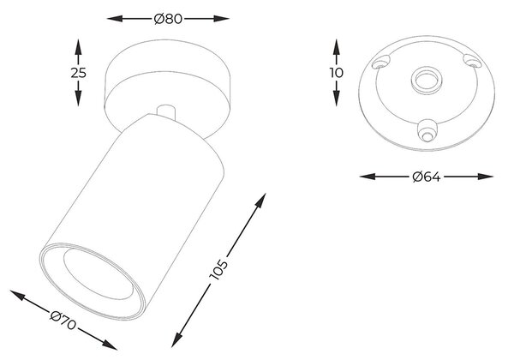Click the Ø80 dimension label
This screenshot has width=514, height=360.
pyautogui.click(x=168, y=19)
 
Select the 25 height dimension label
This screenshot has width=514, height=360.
pyautogui.click(x=78, y=73)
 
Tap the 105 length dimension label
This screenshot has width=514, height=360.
pyautogui.click(x=218, y=270)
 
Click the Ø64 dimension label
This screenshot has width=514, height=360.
pyautogui.click(x=427, y=177)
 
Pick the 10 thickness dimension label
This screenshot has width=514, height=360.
pyautogui.click(x=336, y=73)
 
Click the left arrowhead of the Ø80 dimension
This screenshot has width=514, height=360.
pyautogui.click(x=115, y=19)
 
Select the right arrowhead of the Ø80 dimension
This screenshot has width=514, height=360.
pyautogui.click(x=221, y=19)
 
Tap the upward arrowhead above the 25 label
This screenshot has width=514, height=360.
pyautogui.click(x=78, y=46)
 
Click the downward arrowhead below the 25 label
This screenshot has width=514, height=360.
pyautogui.click(x=78, y=99)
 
